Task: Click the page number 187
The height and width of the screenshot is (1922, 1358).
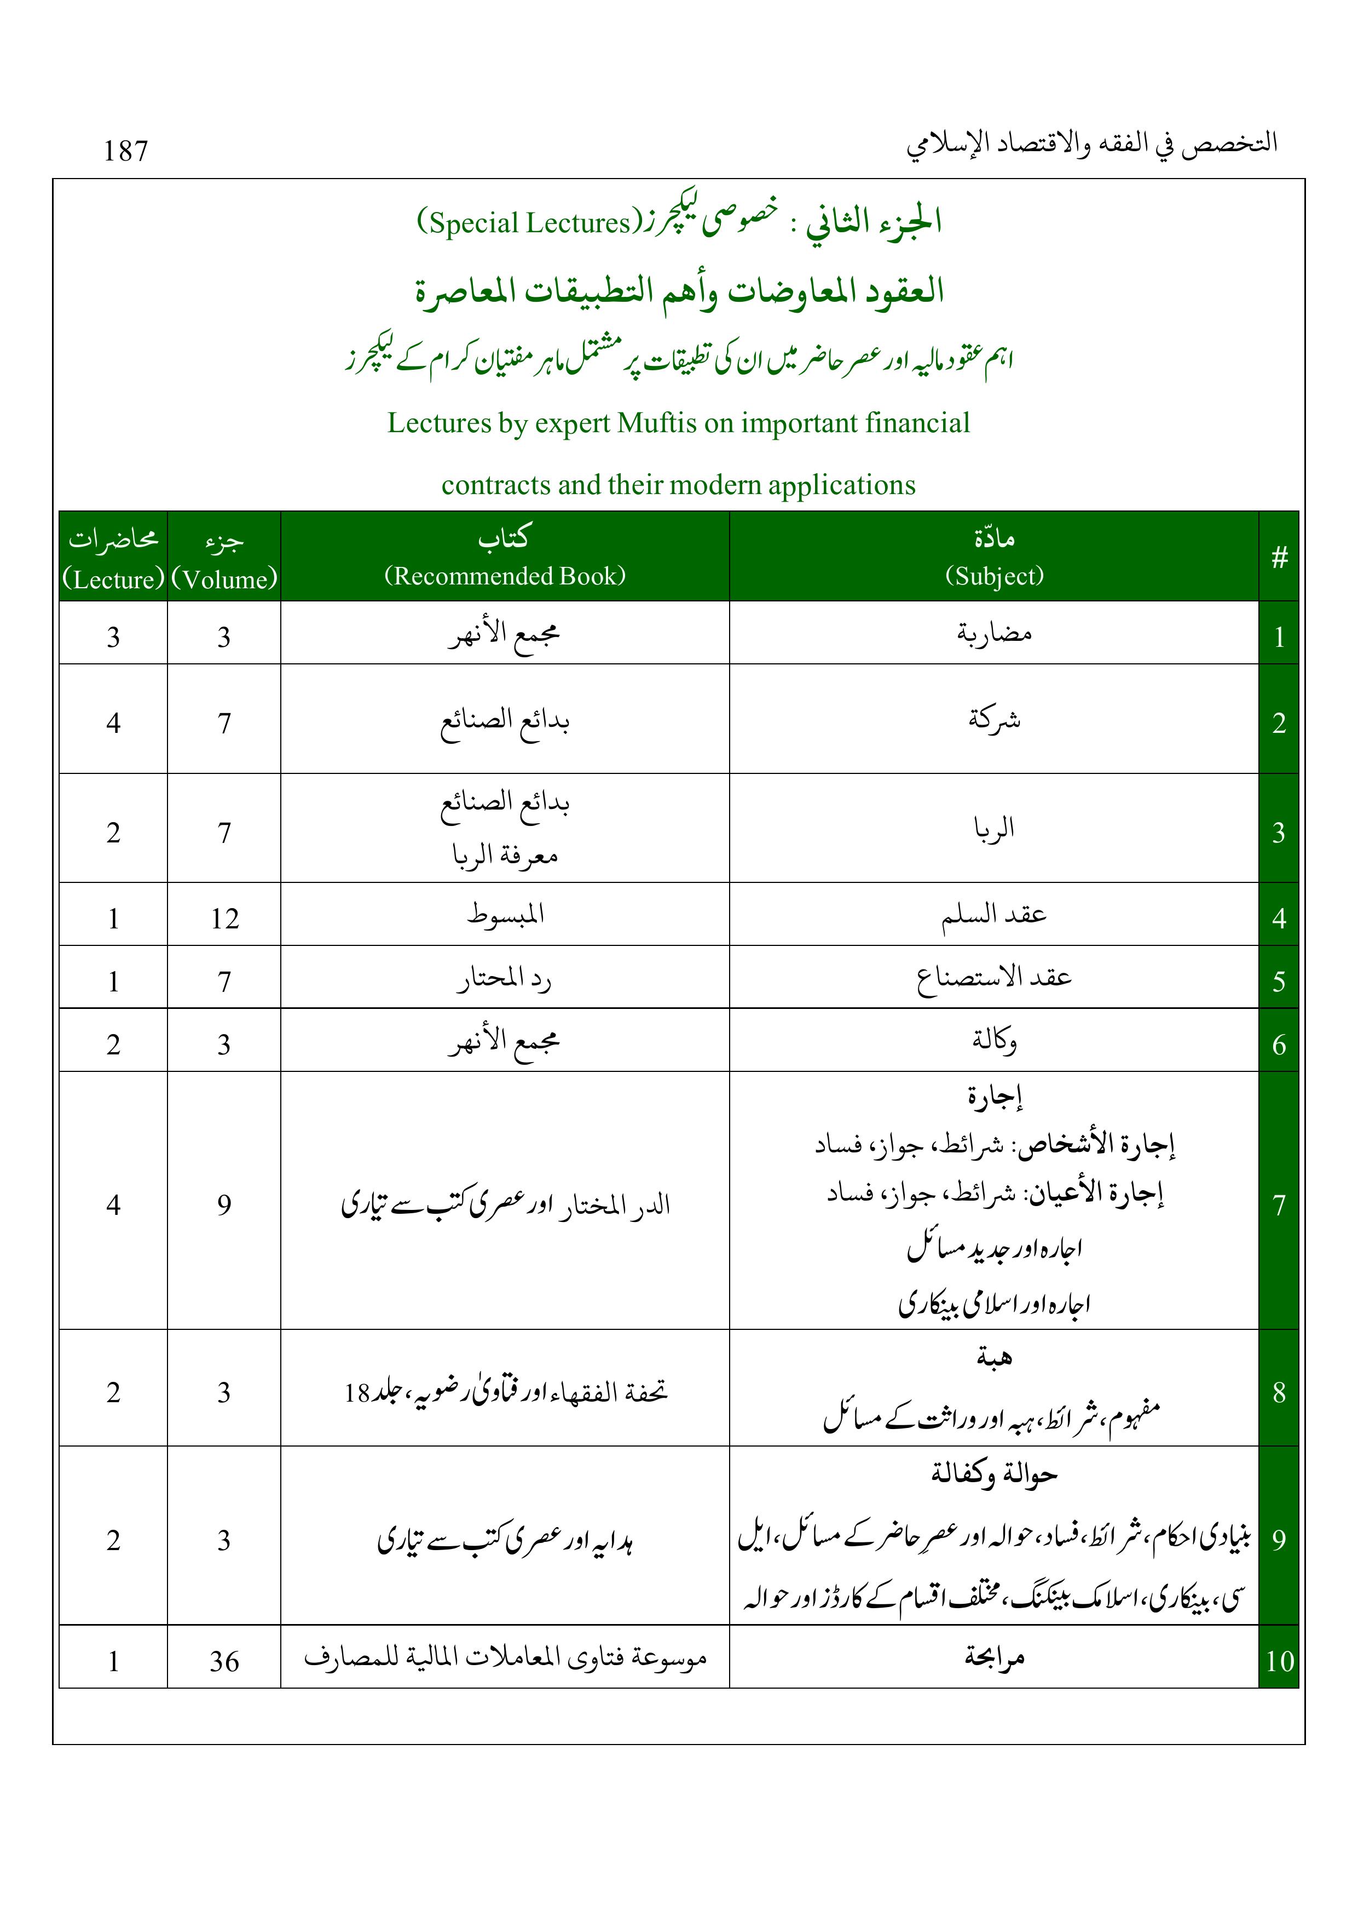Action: pos(125,151)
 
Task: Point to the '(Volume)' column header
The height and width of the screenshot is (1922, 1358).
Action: pos(224,580)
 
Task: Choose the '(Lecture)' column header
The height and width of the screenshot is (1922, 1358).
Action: pos(113,580)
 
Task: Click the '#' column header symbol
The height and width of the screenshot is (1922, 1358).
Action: pos(1279,558)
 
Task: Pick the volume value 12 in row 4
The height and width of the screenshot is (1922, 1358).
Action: pos(224,919)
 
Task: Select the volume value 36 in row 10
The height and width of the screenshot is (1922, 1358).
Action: pos(224,1662)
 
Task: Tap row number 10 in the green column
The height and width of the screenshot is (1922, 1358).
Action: pos(1279,1662)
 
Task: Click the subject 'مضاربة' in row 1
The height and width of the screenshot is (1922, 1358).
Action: pos(994,634)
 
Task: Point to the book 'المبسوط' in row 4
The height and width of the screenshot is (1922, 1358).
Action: pos(505,914)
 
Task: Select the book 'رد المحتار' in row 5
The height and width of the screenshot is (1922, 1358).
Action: pos(505,979)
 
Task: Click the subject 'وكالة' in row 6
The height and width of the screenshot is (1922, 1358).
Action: pos(994,1041)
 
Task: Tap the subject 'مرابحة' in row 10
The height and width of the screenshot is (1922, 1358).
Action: pos(994,1657)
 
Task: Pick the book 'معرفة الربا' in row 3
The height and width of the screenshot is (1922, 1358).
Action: pos(505,856)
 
